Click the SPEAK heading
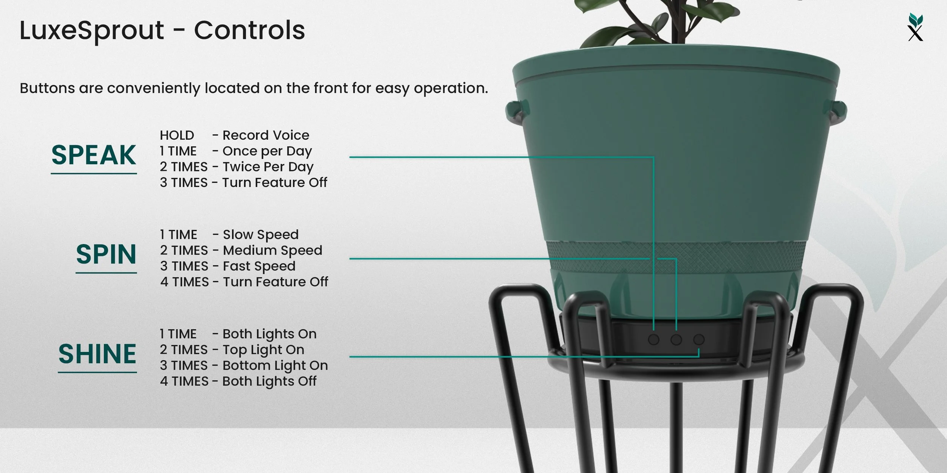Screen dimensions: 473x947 [x=94, y=155]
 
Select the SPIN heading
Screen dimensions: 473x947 [x=106, y=254]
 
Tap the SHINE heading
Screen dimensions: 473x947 [x=97, y=354]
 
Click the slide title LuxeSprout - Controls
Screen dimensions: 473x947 [x=162, y=30]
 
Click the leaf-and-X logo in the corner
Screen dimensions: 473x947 [x=916, y=27]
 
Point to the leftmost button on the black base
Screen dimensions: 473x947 [x=653, y=339]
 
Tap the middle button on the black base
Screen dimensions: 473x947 [x=676, y=339]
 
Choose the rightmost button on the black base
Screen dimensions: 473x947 [x=699, y=339]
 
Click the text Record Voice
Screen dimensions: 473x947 [x=266, y=135]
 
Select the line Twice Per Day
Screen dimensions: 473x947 [x=268, y=167]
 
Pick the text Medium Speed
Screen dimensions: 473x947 [x=272, y=251]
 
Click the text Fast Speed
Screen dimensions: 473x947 [x=259, y=266]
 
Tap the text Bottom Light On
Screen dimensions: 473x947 [x=275, y=366]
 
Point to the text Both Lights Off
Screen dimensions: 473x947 [x=269, y=381]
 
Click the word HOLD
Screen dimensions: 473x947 [x=177, y=135]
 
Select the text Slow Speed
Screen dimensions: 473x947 [x=261, y=235]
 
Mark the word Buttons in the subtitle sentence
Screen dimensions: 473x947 [x=47, y=88]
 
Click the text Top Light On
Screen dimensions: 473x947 [x=263, y=350]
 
